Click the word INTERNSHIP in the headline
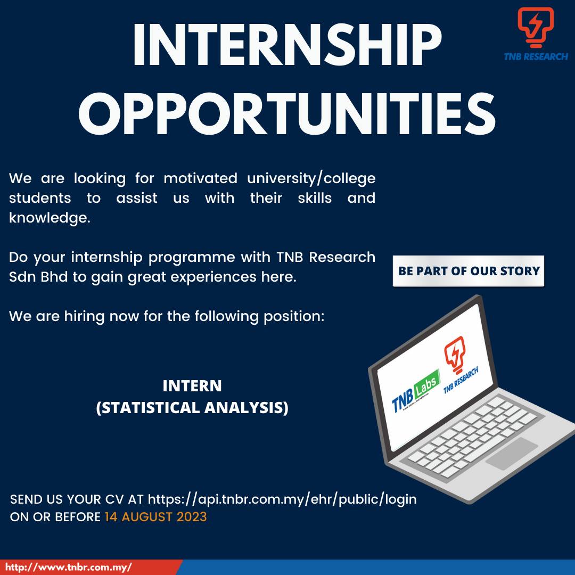tap(287, 45)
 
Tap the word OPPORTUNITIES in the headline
tap(287, 114)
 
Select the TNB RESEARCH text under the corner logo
tap(536, 56)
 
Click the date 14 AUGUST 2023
tap(156, 517)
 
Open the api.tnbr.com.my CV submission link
tap(282, 499)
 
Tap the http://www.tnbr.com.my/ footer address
tap(69, 567)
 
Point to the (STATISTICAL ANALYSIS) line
tap(192, 408)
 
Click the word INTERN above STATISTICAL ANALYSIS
tap(192, 386)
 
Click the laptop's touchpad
tap(512, 453)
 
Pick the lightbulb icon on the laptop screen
tap(454, 354)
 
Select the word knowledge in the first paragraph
tap(50, 218)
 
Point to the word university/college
tap(311, 179)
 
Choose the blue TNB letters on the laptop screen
tap(402, 400)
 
